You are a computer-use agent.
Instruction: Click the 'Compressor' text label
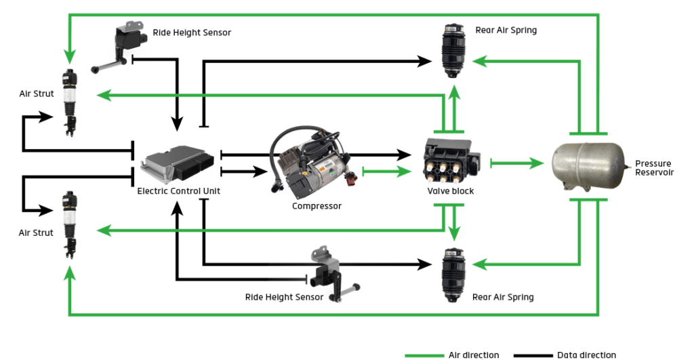click(x=317, y=205)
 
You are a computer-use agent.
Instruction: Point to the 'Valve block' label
click(x=450, y=191)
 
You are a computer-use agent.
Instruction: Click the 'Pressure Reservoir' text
click(x=653, y=168)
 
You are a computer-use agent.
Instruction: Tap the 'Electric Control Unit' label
click(x=178, y=191)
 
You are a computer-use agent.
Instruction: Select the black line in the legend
click(x=533, y=355)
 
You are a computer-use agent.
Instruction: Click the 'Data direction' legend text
click(x=586, y=355)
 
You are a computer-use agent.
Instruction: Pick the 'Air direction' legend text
click(x=474, y=355)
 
